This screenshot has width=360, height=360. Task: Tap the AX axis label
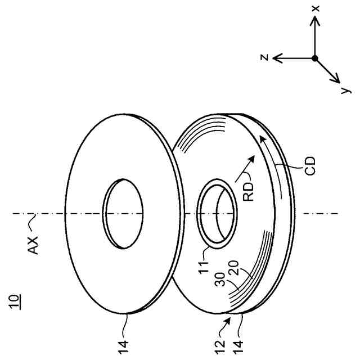[34, 245]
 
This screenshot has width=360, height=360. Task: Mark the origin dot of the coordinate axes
[315, 58]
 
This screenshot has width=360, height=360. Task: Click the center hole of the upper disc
[123, 213]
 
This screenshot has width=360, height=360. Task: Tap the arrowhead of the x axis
[316, 21]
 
